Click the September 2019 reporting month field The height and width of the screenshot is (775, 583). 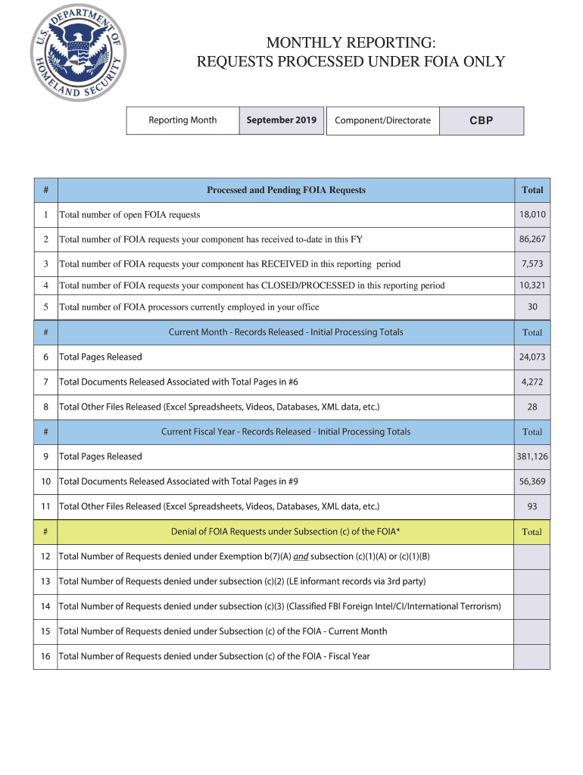(x=281, y=120)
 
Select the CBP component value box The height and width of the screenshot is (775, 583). (x=482, y=121)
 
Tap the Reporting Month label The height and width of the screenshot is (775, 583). (x=182, y=120)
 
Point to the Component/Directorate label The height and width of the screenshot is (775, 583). (x=383, y=120)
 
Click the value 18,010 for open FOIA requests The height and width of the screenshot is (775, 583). (x=532, y=215)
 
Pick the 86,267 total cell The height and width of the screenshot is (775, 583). (x=532, y=239)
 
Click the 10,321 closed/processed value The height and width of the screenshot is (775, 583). (x=532, y=285)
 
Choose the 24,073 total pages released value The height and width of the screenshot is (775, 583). (x=532, y=357)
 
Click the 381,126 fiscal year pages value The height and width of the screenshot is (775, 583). (x=532, y=457)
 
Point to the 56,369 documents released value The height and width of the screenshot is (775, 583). (x=532, y=481)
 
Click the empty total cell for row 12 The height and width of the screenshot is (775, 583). (x=532, y=557)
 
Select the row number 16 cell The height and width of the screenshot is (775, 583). (x=45, y=656)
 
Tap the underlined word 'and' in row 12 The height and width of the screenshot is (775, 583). (x=301, y=557)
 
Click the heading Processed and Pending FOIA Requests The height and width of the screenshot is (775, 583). (x=285, y=190)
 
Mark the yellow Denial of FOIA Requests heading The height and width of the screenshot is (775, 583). (x=285, y=531)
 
